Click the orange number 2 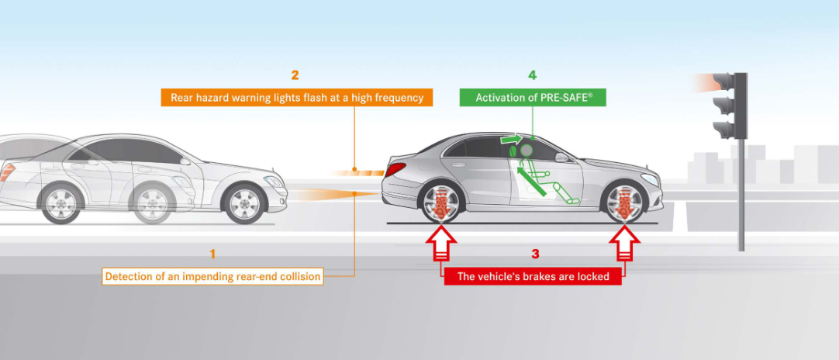pos(295,75)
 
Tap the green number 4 pos(532,75)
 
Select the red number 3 pos(535,254)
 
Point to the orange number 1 pos(212,254)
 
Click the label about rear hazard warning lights pos(297,98)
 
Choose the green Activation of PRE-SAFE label pos(532,98)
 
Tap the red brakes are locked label pos(533,276)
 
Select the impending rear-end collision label pos(212,276)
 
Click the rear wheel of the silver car pos(440,204)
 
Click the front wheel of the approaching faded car pos(245,203)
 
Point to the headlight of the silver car pos(650,180)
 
